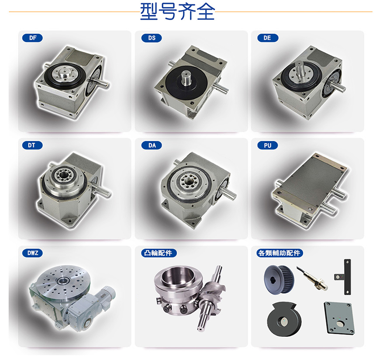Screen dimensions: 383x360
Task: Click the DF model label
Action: tap(32, 38)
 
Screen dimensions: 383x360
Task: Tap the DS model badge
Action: tap(152, 38)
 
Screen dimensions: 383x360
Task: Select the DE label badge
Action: tap(268, 38)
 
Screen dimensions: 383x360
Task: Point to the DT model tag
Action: tap(32, 145)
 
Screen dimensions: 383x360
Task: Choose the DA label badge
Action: tap(152, 145)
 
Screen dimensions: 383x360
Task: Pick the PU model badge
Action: tap(268, 145)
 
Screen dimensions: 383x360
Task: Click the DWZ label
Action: tap(32, 253)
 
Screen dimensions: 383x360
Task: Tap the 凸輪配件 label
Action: tap(159, 253)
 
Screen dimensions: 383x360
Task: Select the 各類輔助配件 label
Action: tap(279, 253)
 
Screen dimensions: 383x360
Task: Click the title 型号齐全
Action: tap(178, 11)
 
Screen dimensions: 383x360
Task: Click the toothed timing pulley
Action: tap(279, 280)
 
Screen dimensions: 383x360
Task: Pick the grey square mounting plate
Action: tap(340, 318)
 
